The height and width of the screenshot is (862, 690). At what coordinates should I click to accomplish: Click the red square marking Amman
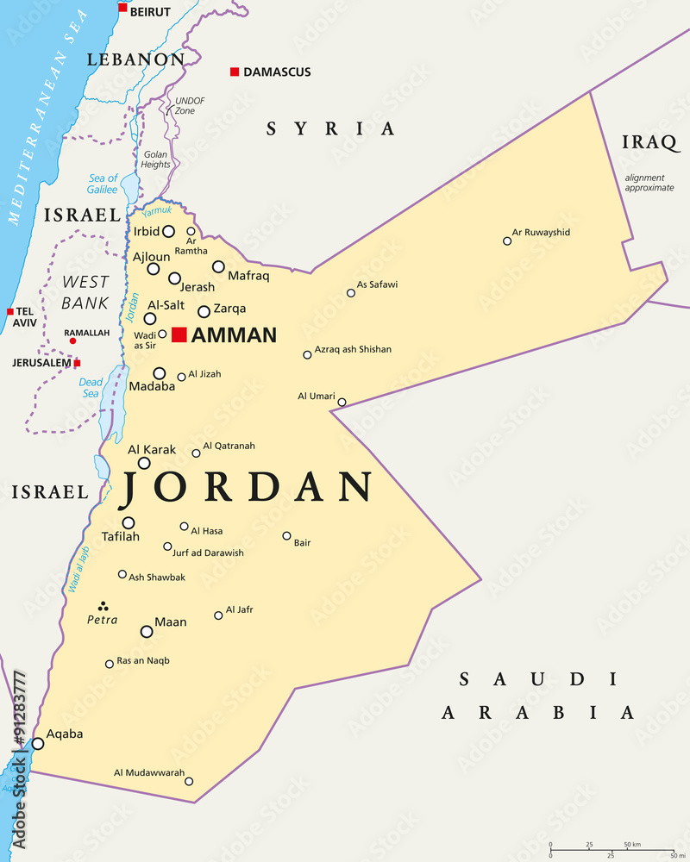click(179, 334)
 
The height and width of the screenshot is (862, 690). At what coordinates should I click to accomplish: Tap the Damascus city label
click(277, 72)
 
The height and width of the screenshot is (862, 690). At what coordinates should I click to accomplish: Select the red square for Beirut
click(122, 8)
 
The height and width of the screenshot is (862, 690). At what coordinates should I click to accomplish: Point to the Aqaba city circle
click(38, 743)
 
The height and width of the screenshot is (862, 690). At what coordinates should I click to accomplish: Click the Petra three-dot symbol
click(103, 605)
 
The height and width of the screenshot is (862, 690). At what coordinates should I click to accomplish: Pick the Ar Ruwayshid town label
click(541, 232)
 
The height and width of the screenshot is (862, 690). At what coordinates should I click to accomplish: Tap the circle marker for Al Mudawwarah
click(189, 782)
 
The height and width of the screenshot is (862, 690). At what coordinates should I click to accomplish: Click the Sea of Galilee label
click(103, 184)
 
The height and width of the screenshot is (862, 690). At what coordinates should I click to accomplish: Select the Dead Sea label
click(91, 388)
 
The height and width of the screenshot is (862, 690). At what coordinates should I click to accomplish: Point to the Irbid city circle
click(169, 231)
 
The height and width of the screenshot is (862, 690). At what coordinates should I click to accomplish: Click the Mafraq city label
click(248, 276)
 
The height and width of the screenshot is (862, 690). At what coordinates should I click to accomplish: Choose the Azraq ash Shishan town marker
click(307, 354)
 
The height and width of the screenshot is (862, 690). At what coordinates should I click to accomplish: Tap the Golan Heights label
click(155, 159)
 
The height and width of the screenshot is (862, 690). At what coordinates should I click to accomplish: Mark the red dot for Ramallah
click(72, 341)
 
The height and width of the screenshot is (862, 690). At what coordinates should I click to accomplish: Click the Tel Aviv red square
click(10, 311)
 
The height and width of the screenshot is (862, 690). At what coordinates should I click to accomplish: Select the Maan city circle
click(147, 632)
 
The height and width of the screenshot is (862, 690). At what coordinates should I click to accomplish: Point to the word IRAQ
click(645, 142)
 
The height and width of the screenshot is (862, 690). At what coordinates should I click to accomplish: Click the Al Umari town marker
click(342, 402)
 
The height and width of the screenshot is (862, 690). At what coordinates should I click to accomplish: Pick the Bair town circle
click(287, 535)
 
